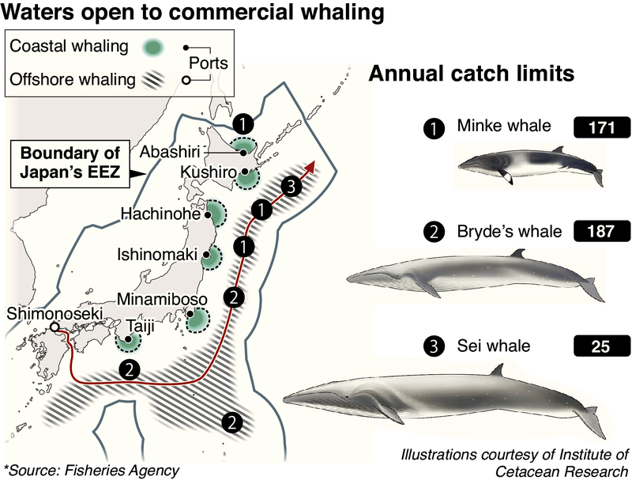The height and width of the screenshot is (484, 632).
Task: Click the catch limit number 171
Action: click(x=602, y=127)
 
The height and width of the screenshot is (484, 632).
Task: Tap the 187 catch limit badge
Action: click(x=602, y=233)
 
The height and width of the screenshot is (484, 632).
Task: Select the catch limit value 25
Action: click(x=602, y=346)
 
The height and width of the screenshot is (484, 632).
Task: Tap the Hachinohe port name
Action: click(x=161, y=214)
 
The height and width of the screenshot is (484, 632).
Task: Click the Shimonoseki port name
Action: click(x=55, y=314)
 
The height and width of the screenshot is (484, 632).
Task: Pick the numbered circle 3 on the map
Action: click(x=292, y=187)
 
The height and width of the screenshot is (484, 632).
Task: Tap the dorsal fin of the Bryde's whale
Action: click(x=517, y=254)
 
